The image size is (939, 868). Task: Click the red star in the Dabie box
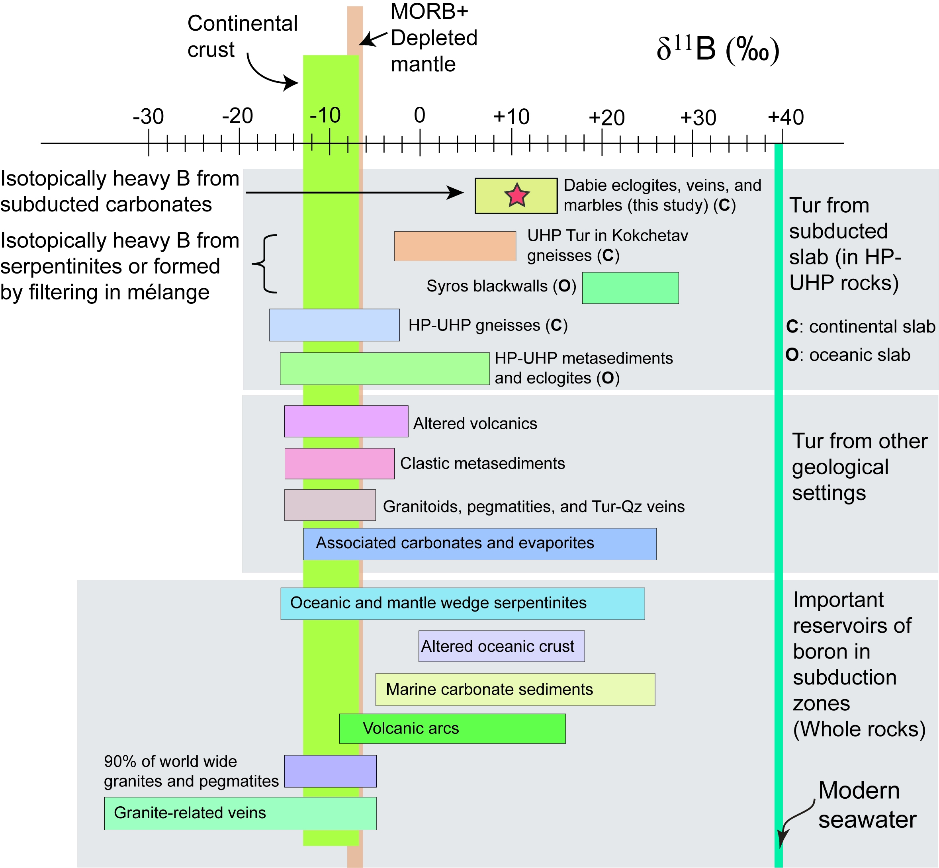tap(517, 195)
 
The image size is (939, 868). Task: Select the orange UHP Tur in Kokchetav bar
tap(455, 246)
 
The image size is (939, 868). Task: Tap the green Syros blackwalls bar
tap(630, 288)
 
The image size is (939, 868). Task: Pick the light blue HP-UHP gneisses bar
tap(334, 325)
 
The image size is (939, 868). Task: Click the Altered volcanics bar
tap(346, 421)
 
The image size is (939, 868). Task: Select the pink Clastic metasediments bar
tap(339, 463)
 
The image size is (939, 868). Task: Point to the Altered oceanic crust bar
tap(501, 646)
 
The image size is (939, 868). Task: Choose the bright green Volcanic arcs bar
tap(452, 729)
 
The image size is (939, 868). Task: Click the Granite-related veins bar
tap(240, 813)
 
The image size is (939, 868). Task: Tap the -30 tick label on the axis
tap(149, 117)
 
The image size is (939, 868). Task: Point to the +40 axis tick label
tap(786, 117)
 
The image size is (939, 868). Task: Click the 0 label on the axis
tap(419, 115)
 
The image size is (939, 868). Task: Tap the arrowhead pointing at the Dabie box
tap(455, 193)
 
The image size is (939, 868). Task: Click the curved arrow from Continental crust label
tap(268, 75)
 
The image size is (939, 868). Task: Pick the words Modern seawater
tap(867, 805)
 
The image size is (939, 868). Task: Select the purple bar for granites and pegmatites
tap(330, 771)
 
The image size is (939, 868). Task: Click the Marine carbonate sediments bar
tap(515, 690)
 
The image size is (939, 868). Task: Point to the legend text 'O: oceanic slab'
tap(848, 355)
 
